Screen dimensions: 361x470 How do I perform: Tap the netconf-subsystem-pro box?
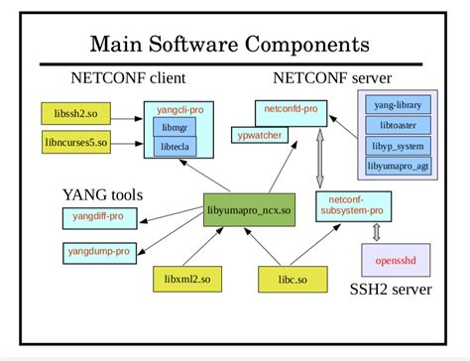[353, 206]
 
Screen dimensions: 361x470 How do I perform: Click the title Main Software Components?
[230, 45]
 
